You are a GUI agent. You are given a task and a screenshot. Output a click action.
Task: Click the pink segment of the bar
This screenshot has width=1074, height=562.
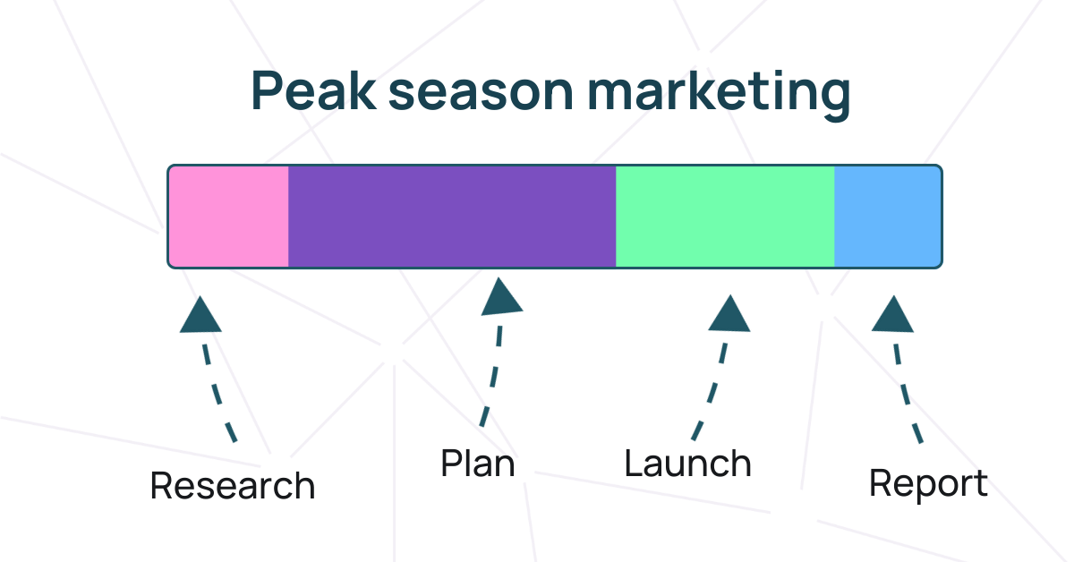pyautogui.click(x=229, y=216)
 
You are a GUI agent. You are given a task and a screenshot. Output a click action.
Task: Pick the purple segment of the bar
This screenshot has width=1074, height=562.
pyautogui.click(x=452, y=216)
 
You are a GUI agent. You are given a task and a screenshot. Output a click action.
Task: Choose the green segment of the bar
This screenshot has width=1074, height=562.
pyautogui.click(x=725, y=216)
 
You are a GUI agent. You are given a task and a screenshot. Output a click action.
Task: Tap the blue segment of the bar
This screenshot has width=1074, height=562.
pyautogui.click(x=887, y=216)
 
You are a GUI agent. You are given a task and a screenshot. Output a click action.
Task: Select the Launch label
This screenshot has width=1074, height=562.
pyautogui.click(x=687, y=464)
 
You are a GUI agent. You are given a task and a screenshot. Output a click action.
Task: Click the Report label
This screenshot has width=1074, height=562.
pyautogui.click(x=928, y=484)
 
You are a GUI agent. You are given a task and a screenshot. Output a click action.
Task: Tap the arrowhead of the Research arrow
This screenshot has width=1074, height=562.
pyautogui.click(x=200, y=316)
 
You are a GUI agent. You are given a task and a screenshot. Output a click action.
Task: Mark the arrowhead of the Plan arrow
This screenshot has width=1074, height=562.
pyautogui.click(x=502, y=299)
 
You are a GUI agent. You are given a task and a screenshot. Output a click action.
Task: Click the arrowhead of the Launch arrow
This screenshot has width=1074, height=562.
pyautogui.click(x=729, y=314)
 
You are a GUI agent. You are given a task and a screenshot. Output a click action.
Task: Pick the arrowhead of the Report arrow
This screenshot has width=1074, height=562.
pyautogui.click(x=891, y=315)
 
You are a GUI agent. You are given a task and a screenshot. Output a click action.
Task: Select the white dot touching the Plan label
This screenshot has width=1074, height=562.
pyautogui.click(x=522, y=469)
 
